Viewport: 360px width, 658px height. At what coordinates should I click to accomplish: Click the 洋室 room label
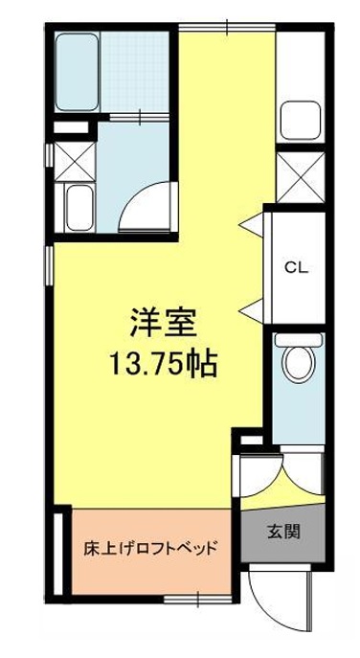(x=163, y=324)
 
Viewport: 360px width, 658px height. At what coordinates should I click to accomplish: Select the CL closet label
(x=297, y=268)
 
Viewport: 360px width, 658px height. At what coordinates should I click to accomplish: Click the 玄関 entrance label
(x=283, y=533)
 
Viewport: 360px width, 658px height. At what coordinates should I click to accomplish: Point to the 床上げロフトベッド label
(x=151, y=549)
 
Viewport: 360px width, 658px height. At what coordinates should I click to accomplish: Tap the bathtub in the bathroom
(x=77, y=71)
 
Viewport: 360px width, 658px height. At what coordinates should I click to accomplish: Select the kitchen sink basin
(x=301, y=120)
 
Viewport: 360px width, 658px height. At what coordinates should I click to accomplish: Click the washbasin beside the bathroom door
(x=80, y=207)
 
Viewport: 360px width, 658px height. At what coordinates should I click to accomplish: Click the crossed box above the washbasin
(x=76, y=162)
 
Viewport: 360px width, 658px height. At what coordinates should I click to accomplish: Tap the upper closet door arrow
(x=251, y=224)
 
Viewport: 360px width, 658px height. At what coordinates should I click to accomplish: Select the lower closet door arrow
(x=251, y=311)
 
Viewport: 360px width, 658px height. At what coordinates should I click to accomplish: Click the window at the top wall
(x=227, y=28)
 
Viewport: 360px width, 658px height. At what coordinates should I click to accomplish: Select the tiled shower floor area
(x=134, y=71)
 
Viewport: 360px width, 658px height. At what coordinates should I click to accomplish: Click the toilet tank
(x=299, y=339)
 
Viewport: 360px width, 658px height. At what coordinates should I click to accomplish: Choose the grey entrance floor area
(x=283, y=533)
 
